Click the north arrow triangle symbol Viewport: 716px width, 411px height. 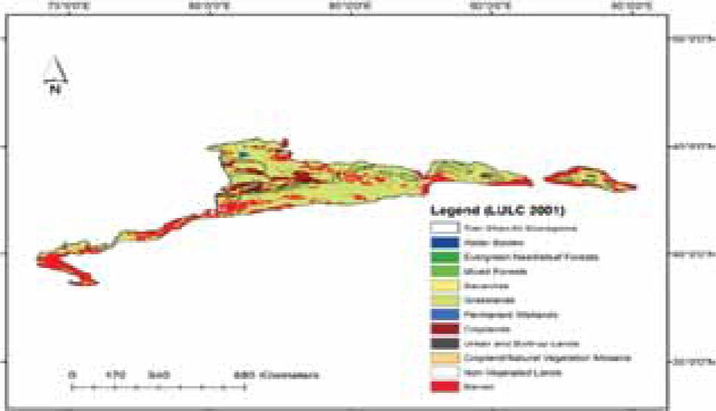[x=56, y=70]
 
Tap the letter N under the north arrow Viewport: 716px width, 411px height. [x=54, y=89]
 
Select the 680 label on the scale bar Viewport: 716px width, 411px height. [x=241, y=375]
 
